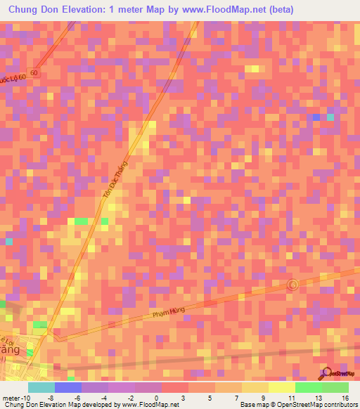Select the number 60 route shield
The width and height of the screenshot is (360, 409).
pyautogui.click(x=36, y=73)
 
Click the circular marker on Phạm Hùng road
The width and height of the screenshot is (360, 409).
pyautogui.click(x=294, y=285)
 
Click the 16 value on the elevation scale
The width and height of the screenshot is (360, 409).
pyautogui.click(x=345, y=398)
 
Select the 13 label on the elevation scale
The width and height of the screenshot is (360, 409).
pyautogui.click(x=318, y=398)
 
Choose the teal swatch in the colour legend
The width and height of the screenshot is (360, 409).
pyautogui.click(x=41, y=387)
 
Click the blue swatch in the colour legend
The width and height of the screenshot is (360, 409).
pyautogui.click(x=67, y=387)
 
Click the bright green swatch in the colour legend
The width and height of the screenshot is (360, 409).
pyautogui.click(x=309, y=387)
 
